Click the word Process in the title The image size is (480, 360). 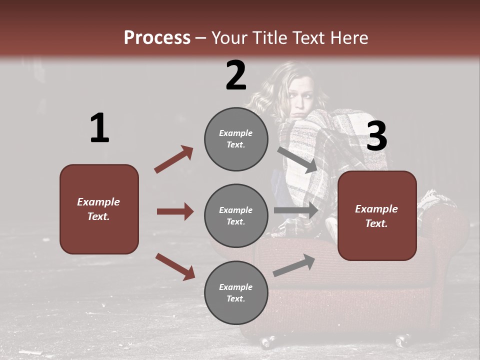pos(157,38)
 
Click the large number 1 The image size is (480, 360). pos(99,128)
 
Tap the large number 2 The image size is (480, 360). pos(236,75)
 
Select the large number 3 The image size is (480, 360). pos(376,136)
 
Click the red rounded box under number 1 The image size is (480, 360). pos(99,209)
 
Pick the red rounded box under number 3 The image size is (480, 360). pos(377,215)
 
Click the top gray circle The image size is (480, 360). pos(236,139)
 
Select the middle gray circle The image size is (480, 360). pos(236,215)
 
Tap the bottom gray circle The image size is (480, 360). pos(236,292)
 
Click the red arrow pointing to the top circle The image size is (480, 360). pos(174,159)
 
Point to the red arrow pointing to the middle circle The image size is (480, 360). pos(175,211)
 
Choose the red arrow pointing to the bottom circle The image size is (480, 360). pos(175,266)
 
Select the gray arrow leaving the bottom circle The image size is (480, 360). pos(294,265)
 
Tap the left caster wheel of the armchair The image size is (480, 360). pos(267,342)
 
